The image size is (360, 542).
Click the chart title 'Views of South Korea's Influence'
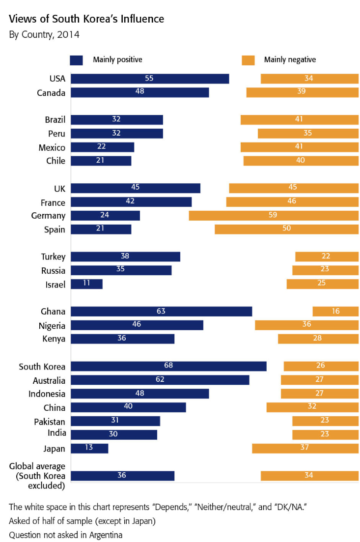point(86,20)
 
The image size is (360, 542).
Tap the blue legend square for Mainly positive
point(76,60)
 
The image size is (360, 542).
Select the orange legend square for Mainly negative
point(248,60)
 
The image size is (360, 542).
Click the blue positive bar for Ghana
point(162,311)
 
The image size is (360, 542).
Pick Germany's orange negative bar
point(274,215)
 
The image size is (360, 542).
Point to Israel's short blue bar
point(87,284)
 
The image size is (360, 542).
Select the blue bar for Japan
point(89,448)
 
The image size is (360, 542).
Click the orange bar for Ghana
point(335,311)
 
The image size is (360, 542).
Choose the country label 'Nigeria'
point(52,325)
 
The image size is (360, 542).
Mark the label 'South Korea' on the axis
point(42,366)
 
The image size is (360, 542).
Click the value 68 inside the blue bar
point(169,366)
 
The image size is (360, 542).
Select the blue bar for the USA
point(150,79)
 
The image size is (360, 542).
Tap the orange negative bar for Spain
point(286,229)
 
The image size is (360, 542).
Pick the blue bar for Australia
point(160,380)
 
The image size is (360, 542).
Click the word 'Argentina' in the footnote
point(104,534)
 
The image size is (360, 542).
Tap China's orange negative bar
point(312,407)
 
